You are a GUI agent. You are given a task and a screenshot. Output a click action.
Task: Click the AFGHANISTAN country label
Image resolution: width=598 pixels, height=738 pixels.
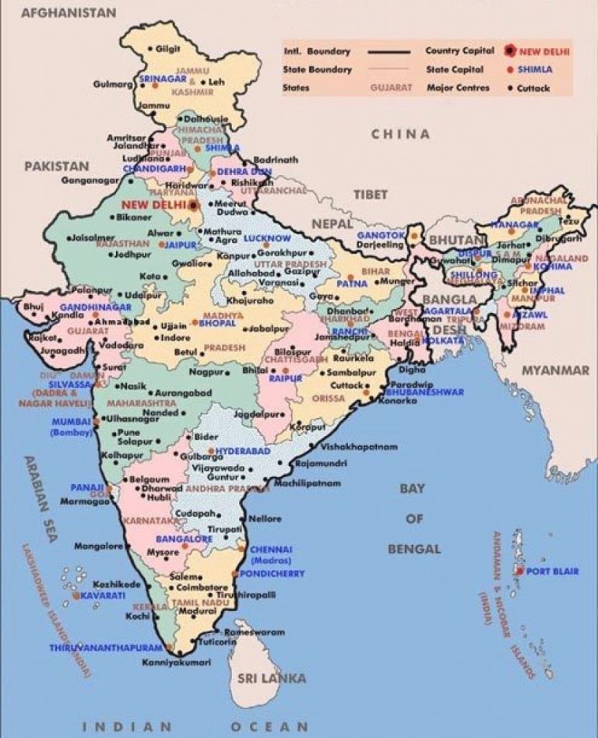coord(69,12)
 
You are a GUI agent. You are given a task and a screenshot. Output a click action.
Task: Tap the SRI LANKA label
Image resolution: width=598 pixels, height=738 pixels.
coord(272,678)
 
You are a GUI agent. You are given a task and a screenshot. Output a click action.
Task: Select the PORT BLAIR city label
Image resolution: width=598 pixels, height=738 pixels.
coord(552,571)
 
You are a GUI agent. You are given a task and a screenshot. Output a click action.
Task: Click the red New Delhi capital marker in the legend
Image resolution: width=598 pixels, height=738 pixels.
coord(509,51)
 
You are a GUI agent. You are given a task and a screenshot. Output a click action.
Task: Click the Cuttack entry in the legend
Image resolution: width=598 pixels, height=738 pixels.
coord(533,88)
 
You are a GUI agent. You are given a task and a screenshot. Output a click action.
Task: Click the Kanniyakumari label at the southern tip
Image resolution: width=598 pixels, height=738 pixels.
coord(177,662)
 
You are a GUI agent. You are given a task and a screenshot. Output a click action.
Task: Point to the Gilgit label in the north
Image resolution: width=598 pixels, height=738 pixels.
coord(167,48)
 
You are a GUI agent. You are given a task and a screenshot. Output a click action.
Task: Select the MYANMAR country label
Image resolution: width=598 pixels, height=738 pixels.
coord(555,371)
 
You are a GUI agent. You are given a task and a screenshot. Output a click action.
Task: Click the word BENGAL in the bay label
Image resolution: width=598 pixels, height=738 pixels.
coord(413,550)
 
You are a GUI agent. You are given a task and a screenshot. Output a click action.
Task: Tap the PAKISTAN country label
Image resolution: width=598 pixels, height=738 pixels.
coord(56,166)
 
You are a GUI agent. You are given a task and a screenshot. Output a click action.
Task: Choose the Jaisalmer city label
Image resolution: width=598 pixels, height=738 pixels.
coord(93,237)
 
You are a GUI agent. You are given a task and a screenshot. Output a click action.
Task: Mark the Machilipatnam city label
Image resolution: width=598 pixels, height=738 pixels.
coord(308,483)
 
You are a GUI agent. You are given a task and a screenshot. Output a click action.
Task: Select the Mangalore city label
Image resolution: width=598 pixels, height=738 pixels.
coord(98,546)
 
